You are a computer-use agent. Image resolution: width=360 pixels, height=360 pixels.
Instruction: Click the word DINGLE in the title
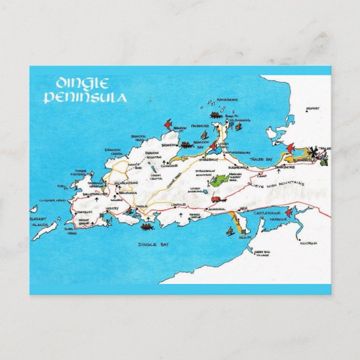click(x=82, y=84)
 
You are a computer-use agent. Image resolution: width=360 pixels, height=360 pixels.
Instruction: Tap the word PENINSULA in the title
click(x=84, y=98)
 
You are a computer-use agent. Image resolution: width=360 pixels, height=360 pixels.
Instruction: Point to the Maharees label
click(x=228, y=100)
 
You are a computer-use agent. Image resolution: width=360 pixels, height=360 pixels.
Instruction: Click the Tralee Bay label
click(x=260, y=160)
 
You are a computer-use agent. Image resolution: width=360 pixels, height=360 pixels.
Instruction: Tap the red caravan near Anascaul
click(x=217, y=198)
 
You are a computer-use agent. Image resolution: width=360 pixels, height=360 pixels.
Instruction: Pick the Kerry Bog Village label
click(x=262, y=253)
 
